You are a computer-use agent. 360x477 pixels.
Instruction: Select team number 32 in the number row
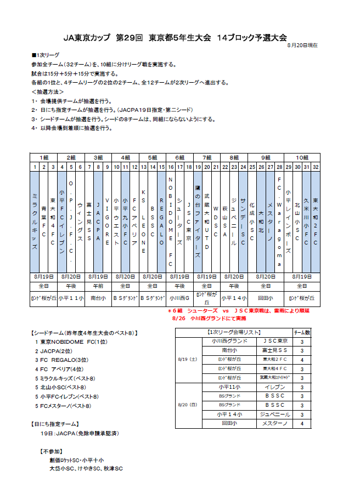pyautogui.click(x=315, y=166)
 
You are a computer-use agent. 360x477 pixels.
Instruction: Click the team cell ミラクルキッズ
pyautogui.click(x=35, y=221)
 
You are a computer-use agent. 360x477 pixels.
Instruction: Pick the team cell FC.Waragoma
pyautogui.click(x=279, y=221)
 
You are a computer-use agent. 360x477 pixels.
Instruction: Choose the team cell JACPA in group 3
pyautogui.click(x=98, y=221)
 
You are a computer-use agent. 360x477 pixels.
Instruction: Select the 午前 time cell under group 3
pyautogui.click(x=98, y=286)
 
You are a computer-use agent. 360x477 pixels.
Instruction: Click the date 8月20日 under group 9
pyautogui.click(x=266, y=276)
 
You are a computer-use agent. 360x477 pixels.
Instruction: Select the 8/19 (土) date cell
pyautogui.click(x=188, y=360)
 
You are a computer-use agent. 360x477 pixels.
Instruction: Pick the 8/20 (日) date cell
pyautogui.click(x=188, y=405)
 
